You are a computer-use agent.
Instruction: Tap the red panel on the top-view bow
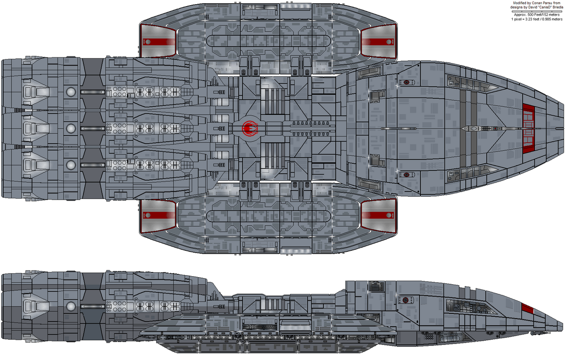tap(529, 127)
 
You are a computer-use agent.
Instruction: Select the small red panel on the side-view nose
tap(528, 309)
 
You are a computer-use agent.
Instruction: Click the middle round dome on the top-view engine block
tap(71, 128)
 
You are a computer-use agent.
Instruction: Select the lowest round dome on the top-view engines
tap(71, 165)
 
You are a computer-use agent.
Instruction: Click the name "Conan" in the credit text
tap(538, 3)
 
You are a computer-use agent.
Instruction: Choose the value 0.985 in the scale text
tap(544, 20)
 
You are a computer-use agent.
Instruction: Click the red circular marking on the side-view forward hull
tap(406, 300)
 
